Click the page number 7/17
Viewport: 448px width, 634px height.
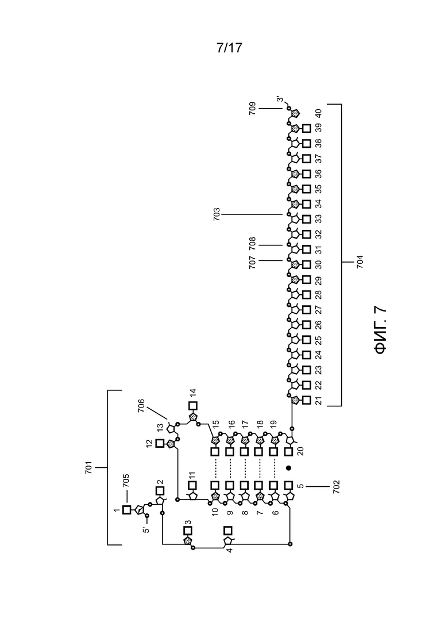pyautogui.click(x=229, y=48)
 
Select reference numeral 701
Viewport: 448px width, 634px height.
pyautogui.click(x=89, y=467)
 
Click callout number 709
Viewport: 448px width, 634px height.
pyautogui.click(x=253, y=109)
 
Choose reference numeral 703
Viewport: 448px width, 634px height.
pyautogui.click(x=217, y=214)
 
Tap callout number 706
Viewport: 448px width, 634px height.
pyautogui.click(x=141, y=406)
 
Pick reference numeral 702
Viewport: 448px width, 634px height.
pyautogui.click(x=336, y=487)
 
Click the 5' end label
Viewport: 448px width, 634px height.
pyautogui.click(x=146, y=528)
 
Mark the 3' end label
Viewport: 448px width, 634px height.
pyautogui.click(x=280, y=99)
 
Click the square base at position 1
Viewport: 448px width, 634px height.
pyautogui.click(x=126, y=510)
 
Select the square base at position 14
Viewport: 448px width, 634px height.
pyautogui.click(x=192, y=406)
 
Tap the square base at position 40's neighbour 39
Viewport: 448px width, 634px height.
pyautogui.click(x=307, y=128)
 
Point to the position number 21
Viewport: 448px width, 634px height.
pyautogui.click(x=319, y=401)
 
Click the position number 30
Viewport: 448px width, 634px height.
pyautogui.click(x=319, y=264)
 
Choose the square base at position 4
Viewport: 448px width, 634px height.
pyautogui.click(x=228, y=531)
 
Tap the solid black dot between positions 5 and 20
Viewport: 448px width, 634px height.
pyautogui.click(x=288, y=468)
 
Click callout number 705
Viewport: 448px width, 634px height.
pyautogui.click(x=126, y=480)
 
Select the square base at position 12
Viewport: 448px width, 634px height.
pyautogui.click(x=160, y=443)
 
